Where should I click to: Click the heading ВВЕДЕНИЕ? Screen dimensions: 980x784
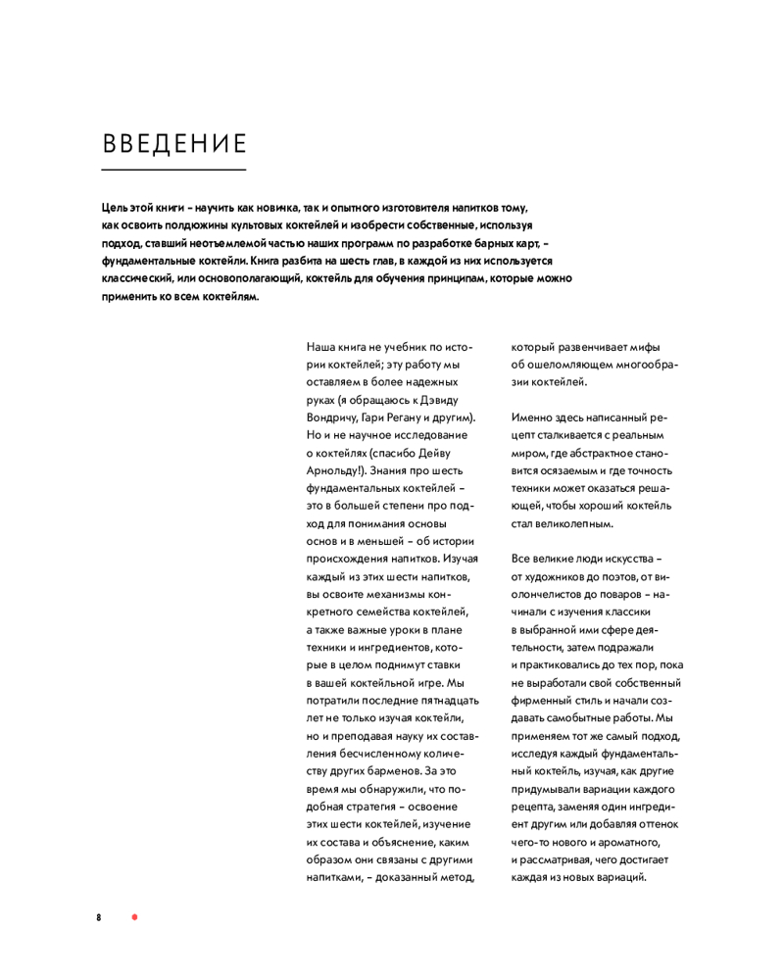173,143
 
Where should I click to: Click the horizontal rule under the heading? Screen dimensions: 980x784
173,171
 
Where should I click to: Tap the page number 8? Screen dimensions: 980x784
99,917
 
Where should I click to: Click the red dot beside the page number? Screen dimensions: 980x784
135,917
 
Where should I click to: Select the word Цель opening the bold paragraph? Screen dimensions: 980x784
115,209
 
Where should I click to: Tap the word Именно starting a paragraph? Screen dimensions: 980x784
535,417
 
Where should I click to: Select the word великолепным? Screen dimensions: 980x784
577,522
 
